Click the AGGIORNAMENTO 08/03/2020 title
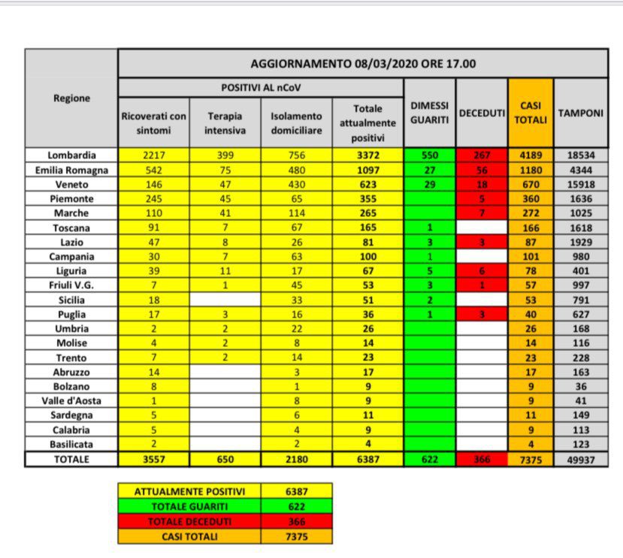(363, 64)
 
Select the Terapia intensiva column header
(225, 122)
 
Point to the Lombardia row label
(71, 155)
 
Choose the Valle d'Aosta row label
(71, 400)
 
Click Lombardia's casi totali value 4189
(530, 155)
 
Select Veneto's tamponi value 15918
(580, 184)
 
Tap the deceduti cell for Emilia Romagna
(481, 170)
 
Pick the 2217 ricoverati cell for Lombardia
(153, 155)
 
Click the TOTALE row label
(71, 460)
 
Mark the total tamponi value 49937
(580, 460)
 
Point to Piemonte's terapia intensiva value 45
(225, 199)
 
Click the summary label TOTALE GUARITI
(189, 507)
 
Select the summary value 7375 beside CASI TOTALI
(296, 536)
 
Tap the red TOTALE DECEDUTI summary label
(189, 522)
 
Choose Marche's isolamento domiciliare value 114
(296, 214)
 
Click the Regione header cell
(71, 98)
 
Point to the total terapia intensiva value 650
(225, 460)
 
